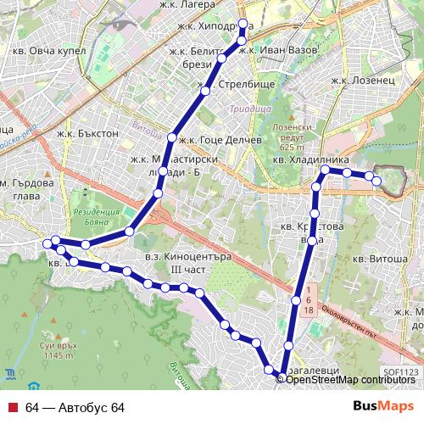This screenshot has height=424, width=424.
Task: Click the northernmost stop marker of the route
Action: click(x=242, y=24)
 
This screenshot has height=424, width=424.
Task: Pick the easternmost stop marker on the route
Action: click(x=377, y=181)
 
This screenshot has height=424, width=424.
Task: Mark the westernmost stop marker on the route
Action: click(x=47, y=244)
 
